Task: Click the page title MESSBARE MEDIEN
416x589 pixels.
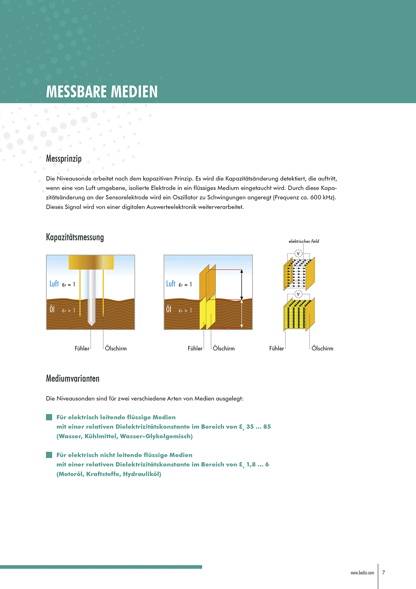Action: (102, 92)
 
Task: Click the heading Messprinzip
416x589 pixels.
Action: (64, 158)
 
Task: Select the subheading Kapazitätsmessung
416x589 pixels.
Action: (75, 237)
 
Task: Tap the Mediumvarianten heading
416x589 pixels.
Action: (72, 378)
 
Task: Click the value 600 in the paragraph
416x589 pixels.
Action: (316, 197)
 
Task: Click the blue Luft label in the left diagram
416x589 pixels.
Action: (54, 284)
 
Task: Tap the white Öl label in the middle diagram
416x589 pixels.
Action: (169, 309)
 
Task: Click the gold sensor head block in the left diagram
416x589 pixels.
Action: (91, 262)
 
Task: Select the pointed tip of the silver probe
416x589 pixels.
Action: (91, 323)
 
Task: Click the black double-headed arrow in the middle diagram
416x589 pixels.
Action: (242, 284)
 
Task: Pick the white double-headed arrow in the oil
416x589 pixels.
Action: (242, 314)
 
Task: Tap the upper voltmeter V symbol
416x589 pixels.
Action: (298, 254)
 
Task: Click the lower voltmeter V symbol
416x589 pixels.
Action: (298, 294)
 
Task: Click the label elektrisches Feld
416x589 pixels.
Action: (304, 241)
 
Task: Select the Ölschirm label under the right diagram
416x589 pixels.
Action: (322, 349)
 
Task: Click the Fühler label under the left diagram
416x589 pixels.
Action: (82, 349)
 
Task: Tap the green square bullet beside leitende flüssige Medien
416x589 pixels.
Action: (49, 417)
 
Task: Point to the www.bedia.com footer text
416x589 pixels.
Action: (362, 573)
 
